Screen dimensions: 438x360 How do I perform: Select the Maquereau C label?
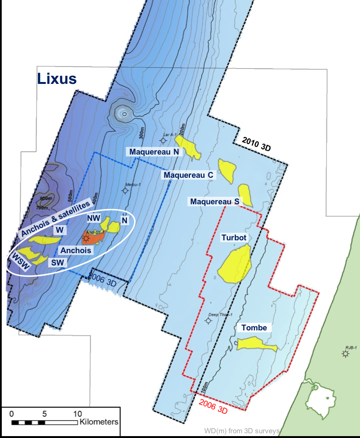pyautogui.click(x=189, y=175)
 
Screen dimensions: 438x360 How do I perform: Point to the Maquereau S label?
pyautogui.click(x=215, y=201)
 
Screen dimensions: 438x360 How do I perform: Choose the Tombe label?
pyautogui.click(x=254, y=328)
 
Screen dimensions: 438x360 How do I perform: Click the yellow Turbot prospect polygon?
pyautogui.click(x=234, y=264)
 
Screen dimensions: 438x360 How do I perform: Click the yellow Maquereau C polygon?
pyautogui.click(x=227, y=170)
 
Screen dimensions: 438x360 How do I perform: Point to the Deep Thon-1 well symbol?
pyautogui.click(x=208, y=321)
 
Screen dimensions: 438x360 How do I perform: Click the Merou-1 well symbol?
pyautogui.click(x=125, y=191)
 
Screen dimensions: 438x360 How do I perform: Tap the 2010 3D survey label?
pyautogui.click(x=255, y=145)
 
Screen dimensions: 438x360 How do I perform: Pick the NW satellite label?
pyautogui.click(x=93, y=218)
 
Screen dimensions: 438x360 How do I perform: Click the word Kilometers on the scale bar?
pyautogui.click(x=99, y=421)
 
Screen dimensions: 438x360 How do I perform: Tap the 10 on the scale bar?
pyautogui.click(x=77, y=412)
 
